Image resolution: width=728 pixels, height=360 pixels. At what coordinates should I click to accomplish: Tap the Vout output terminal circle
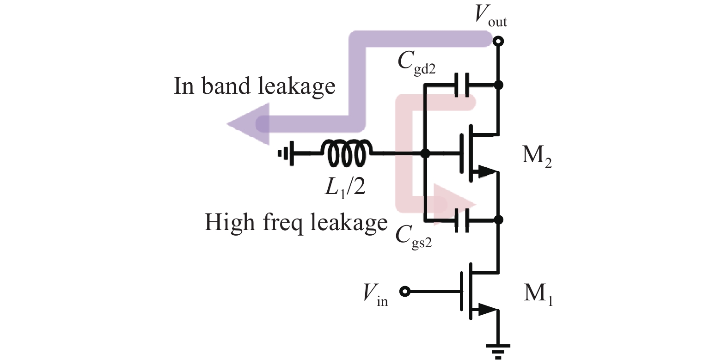click(x=498, y=42)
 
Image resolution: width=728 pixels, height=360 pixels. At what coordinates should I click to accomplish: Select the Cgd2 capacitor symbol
click(x=462, y=85)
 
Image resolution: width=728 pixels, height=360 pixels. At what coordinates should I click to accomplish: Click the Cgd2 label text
click(x=416, y=62)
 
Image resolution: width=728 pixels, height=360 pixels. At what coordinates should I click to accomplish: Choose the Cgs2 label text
click(x=413, y=237)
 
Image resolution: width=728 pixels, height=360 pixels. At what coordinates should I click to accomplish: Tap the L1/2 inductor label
click(x=345, y=186)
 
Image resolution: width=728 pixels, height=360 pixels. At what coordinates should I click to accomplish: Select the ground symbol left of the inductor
click(x=284, y=153)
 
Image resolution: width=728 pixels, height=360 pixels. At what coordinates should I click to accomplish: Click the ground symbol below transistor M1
click(x=498, y=350)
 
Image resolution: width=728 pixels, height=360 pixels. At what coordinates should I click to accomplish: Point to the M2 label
click(x=536, y=156)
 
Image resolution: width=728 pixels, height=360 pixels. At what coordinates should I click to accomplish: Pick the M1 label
click(x=538, y=293)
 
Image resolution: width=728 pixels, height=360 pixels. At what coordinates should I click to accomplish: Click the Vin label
click(x=375, y=293)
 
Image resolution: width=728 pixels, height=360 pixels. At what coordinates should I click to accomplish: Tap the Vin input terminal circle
click(x=405, y=292)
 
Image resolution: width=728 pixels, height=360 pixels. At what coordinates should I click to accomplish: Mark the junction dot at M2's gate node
click(x=426, y=153)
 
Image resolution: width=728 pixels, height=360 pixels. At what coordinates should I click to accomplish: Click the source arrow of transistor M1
click(x=485, y=309)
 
